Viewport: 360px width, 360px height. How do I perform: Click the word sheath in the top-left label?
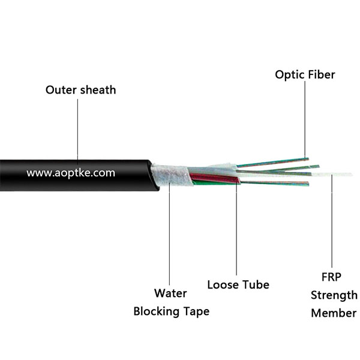point(97,90)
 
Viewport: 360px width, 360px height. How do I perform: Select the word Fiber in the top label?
point(322,75)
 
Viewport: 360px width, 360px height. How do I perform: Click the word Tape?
point(194,312)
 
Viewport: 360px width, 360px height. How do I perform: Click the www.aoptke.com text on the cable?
point(71,173)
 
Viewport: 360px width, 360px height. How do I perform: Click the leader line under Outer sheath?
point(78,129)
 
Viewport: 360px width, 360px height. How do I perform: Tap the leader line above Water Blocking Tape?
point(170,234)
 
